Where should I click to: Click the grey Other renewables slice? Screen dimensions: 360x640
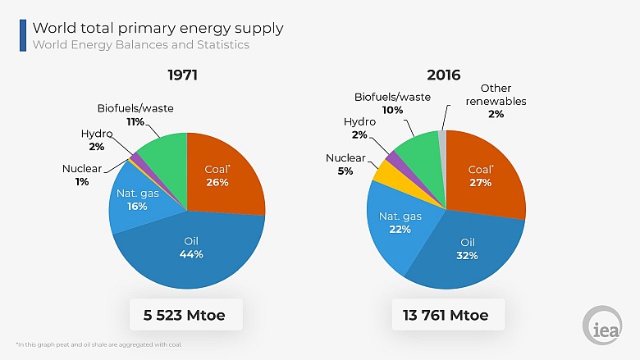point(441,139)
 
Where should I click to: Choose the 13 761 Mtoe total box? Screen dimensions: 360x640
point(446,315)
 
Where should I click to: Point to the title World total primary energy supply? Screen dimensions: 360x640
point(158,28)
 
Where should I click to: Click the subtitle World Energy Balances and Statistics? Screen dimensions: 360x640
point(140,44)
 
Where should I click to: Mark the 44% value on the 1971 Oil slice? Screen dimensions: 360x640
point(190,254)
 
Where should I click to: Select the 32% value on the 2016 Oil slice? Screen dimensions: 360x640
point(467,255)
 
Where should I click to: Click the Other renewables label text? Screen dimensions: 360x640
point(496,95)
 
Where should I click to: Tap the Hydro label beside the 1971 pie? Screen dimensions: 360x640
point(96,133)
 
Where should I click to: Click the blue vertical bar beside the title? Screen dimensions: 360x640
point(23,35)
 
